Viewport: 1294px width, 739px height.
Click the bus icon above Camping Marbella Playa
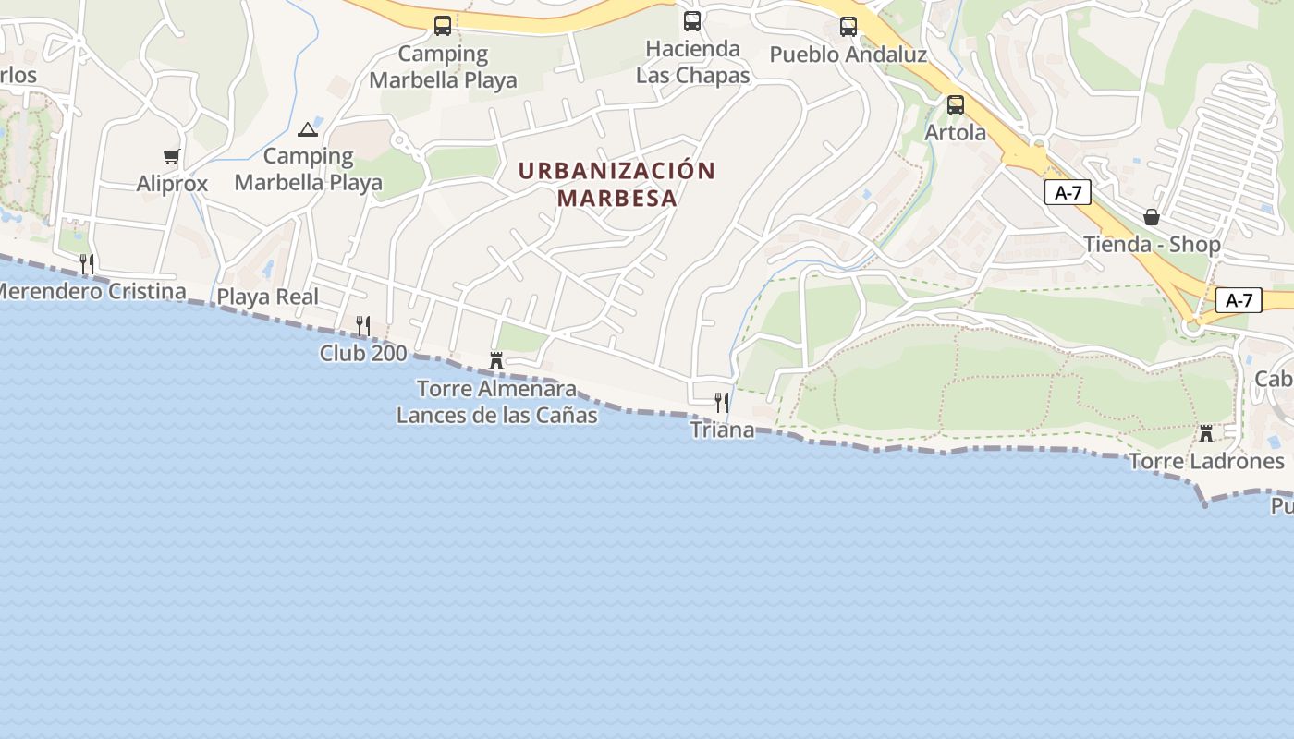click(443, 26)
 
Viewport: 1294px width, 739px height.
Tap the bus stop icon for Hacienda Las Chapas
click(692, 20)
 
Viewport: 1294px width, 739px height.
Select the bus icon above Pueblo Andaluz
click(848, 27)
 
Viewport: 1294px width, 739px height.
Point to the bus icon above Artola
click(956, 105)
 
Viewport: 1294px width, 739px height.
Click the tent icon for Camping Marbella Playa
click(308, 128)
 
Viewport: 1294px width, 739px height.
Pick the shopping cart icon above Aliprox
click(171, 157)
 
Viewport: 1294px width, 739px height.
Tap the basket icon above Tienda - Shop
click(1152, 217)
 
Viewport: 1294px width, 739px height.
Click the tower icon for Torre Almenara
click(496, 361)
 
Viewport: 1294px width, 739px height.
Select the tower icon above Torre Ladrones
click(1205, 433)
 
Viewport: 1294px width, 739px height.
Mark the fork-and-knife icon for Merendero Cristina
click(86, 264)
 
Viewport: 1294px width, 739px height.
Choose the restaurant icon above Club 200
click(363, 325)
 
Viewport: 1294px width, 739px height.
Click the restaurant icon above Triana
click(722, 402)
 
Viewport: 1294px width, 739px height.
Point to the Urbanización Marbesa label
click(616, 184)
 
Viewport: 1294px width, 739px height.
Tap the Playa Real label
click(267, 297)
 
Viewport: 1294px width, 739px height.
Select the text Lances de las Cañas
click(496, 416)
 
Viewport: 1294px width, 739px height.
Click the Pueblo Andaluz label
click(848, 55)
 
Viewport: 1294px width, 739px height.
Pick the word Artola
click(956, 132)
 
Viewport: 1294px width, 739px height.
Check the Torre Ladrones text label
click(1206, 461)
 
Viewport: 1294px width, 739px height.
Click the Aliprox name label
click(172, 184)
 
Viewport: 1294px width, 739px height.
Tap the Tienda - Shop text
click(1152, 245)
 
